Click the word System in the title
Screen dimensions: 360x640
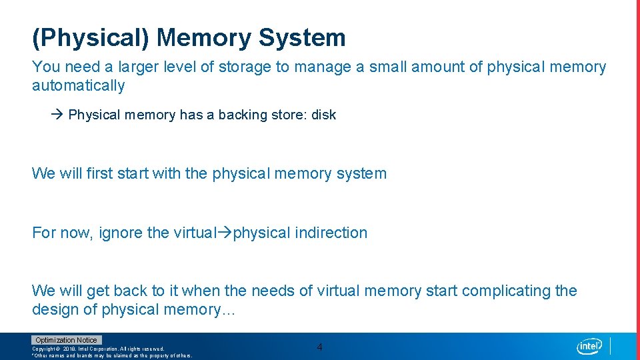(302, 38)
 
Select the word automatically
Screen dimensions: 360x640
(79, 85)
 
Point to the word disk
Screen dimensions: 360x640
(323, 115)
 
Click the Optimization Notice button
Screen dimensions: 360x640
(66, 340)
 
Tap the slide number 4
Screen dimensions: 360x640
(319, 347)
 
